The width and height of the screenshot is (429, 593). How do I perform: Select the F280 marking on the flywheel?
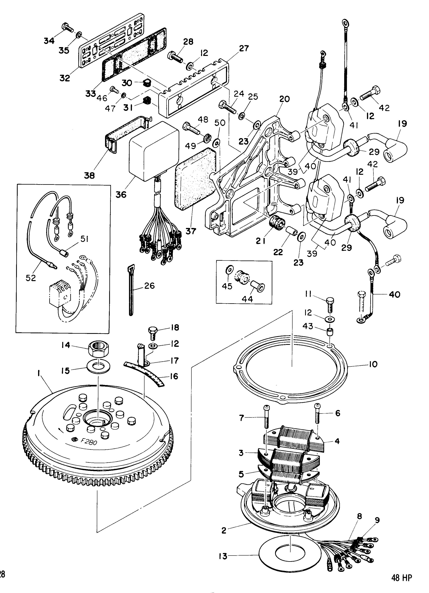pos(89,441)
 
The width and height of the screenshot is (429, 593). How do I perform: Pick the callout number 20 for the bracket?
pos(284,99)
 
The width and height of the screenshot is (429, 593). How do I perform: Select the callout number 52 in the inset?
pos(31,278)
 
